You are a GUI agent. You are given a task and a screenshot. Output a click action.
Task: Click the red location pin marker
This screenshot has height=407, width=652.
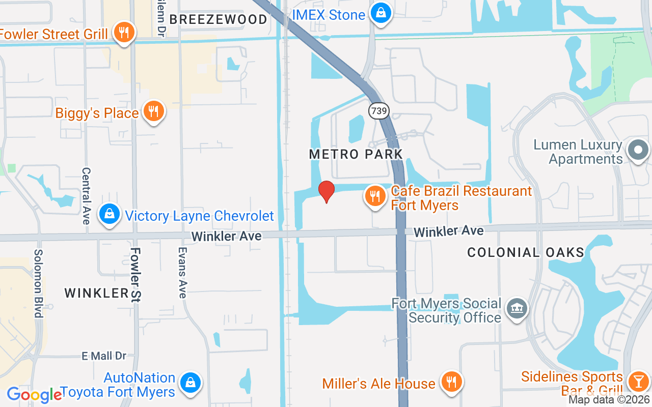(326, 191)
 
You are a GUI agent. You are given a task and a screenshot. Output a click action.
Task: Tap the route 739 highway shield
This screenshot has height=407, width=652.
(379, 111)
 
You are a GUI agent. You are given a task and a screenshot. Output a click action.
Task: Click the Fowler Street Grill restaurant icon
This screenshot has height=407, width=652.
(123, 33)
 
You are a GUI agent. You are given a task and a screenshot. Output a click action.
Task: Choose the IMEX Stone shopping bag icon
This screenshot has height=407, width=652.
(381, 13)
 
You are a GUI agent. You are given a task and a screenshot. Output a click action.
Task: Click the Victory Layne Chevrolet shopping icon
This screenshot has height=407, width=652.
(110, 215)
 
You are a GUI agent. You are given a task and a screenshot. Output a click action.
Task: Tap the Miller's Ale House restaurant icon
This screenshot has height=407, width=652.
(451, 382)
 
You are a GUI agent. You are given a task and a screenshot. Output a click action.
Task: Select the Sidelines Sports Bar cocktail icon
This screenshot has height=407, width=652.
(637, 381)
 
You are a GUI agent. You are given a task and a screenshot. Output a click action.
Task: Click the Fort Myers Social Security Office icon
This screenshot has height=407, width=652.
(517, 309)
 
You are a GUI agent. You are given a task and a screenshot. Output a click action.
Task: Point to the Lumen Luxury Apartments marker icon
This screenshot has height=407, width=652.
(638, 151)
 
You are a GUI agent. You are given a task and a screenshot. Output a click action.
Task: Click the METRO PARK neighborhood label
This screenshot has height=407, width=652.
(356, 154)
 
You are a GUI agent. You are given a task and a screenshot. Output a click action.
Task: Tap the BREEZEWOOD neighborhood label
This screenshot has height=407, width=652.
(218, 20)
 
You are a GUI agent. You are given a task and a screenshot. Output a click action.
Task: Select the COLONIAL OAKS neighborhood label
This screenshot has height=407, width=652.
(525, 252)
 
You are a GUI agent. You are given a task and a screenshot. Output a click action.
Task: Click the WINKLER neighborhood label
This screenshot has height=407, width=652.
(97, 293)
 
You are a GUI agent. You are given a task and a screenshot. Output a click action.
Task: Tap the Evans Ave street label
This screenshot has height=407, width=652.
(182, 273)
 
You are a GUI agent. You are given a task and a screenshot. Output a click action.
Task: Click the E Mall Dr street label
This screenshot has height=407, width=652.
(104, 356)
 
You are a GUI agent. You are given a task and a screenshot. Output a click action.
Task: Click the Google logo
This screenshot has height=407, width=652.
(34, 395)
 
